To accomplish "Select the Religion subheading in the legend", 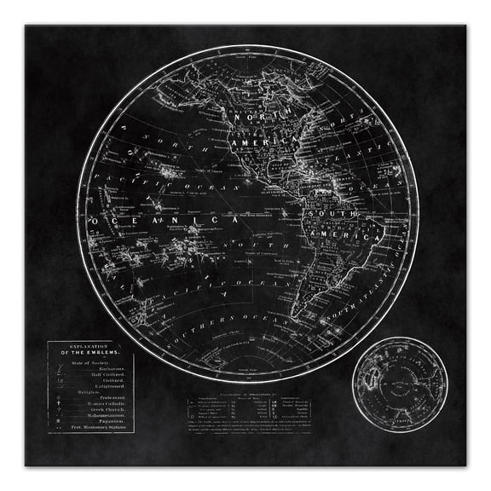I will (72, 392).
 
